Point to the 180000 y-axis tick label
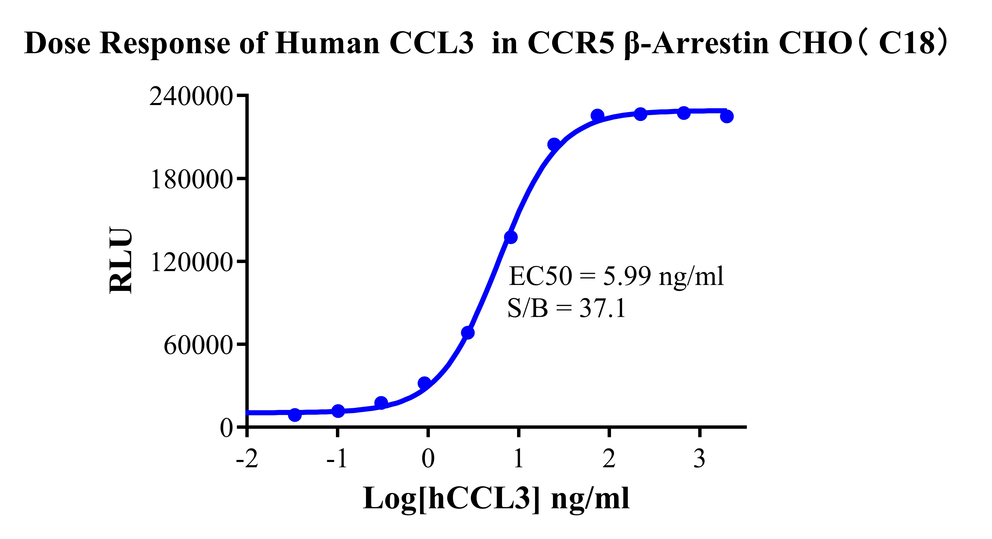tap(191, 179)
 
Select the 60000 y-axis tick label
tap(198, 346)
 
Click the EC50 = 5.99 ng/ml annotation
tap(616, 276)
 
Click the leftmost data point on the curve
tap(295, 415)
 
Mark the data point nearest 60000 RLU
tap(467, 332)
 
